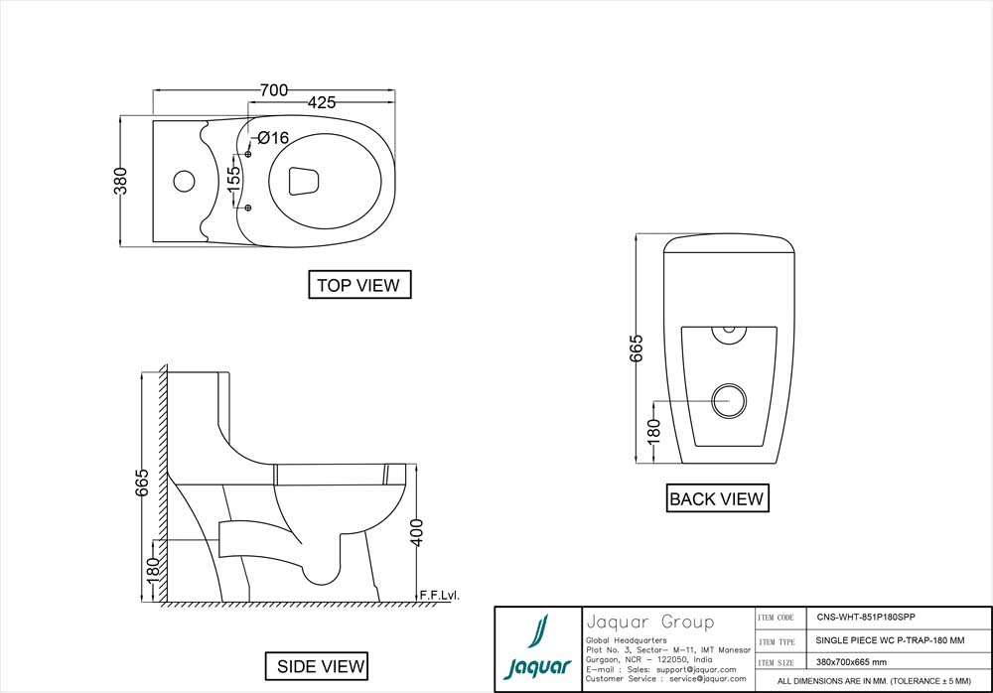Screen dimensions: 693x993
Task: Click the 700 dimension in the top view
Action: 273,90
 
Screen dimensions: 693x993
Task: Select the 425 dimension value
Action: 321,102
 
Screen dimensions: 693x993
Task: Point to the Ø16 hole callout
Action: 273,138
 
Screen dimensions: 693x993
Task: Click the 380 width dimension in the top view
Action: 121,181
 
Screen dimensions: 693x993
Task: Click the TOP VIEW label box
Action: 357,286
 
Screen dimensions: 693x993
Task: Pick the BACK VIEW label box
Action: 716,499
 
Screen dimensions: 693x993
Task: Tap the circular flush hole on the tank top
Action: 184,182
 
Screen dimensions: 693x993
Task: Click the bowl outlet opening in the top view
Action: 303,181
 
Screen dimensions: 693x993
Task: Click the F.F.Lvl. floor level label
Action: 437,595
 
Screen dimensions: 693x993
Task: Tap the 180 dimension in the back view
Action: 651,432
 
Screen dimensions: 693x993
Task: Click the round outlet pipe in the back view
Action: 730,400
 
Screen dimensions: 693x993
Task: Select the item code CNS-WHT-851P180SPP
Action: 860,617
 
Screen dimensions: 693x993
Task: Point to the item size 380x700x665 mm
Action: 844,662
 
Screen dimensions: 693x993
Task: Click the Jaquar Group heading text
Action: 649,623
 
